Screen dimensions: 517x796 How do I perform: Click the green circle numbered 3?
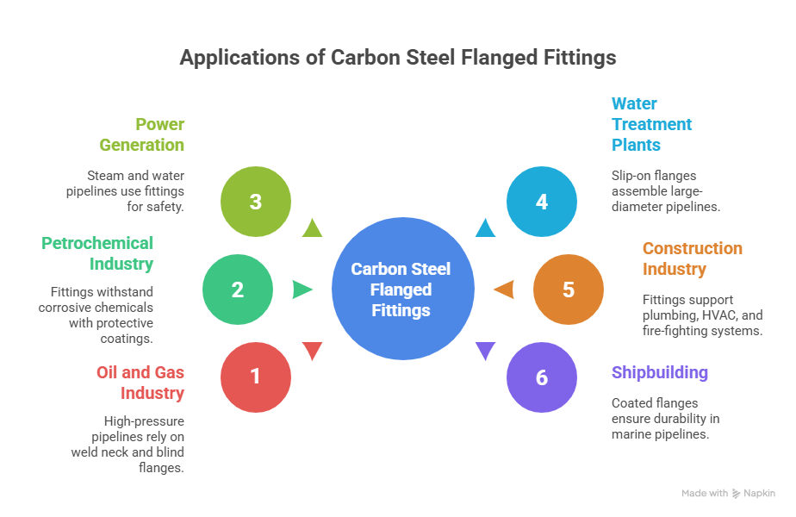256,202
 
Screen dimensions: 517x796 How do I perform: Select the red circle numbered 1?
256,377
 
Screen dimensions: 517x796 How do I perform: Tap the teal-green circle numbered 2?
238,290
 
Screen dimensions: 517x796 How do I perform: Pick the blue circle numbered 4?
541,202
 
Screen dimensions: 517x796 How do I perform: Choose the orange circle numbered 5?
568,290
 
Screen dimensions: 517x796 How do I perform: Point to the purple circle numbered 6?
541,377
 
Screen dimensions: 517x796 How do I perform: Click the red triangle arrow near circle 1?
311,351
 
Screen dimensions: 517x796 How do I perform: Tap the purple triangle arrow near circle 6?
486,351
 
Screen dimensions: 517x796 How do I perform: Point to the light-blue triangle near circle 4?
486,228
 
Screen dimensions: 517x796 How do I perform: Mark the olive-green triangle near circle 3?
311,228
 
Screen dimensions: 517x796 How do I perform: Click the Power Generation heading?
142,134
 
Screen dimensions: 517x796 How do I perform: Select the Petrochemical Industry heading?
98,253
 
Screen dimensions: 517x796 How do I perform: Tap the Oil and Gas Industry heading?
140,383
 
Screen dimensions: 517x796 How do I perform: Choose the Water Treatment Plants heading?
651,124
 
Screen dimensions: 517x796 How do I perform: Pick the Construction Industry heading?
692,258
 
